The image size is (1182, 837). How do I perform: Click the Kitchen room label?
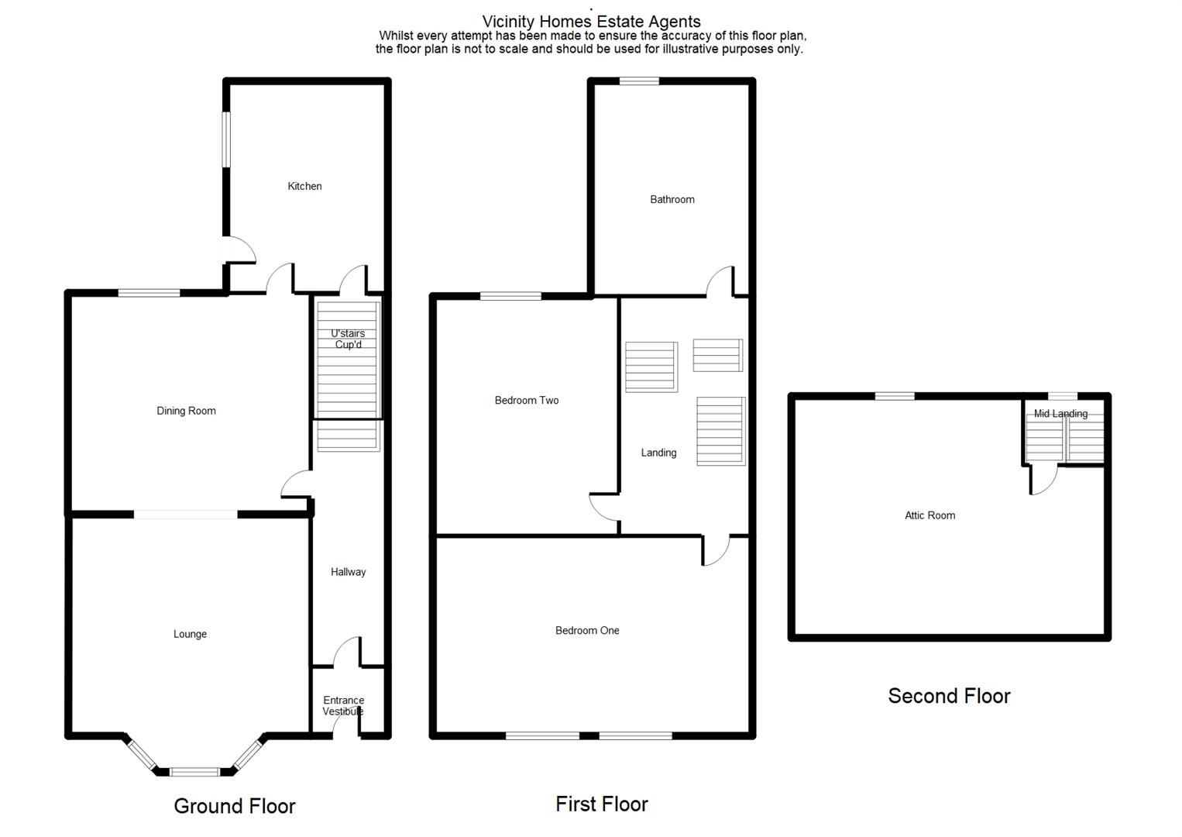click(304, 187)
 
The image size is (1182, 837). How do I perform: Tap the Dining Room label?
click(186, 411)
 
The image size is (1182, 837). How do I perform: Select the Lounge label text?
click(190, 634)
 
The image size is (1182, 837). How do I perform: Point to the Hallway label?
click(349, 572)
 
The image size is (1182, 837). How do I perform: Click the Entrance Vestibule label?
click(343, 705)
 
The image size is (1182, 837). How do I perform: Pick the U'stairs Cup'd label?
click(348, 339)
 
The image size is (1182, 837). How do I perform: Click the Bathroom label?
click(672, 200)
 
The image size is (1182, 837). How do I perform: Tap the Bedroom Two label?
click(527, 400)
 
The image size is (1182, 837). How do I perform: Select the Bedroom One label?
click(587, 631)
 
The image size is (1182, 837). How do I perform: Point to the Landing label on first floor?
click(658, 453)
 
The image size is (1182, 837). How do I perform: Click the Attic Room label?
click(929, 515)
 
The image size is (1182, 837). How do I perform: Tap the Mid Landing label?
click(1060, 414)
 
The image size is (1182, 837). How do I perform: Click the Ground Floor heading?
click(234, 806)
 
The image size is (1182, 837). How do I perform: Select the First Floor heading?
click(602, 804)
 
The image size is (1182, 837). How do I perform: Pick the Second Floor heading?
click(950, 696)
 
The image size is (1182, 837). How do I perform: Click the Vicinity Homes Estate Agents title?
click(591, 22)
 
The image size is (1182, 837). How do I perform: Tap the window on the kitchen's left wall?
click(226, 139)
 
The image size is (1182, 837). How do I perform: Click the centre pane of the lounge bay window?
click(194, 772)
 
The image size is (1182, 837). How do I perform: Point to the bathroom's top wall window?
click(639, 81)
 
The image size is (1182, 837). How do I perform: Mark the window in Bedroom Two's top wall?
click(510, 296)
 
